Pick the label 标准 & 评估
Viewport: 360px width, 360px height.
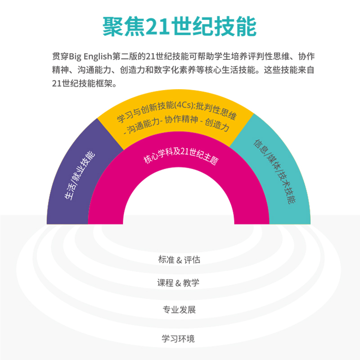click(179, 260)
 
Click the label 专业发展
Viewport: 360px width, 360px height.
click(179, 310)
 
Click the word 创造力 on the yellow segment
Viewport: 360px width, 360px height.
click(218, 125)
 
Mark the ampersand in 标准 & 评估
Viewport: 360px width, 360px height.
click(179, 260)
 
